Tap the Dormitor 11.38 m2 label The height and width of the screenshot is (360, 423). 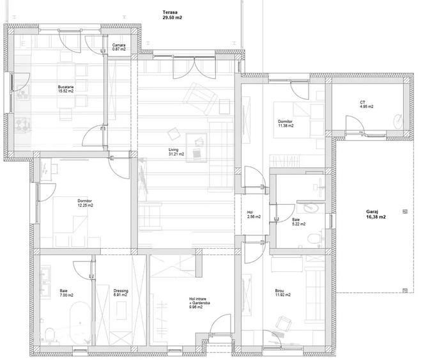pyautogui.click(x=286, y=123)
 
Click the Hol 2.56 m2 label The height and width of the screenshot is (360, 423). pyautogui.click(x=254, y=215)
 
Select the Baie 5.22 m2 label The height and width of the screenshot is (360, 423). pyautogui.click(x=298, y=222)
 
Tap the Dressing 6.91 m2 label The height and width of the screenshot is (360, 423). pyautogui.click(x=121, y=293)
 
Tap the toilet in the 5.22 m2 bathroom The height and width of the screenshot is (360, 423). pyautogui.click(x=313, y=239)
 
